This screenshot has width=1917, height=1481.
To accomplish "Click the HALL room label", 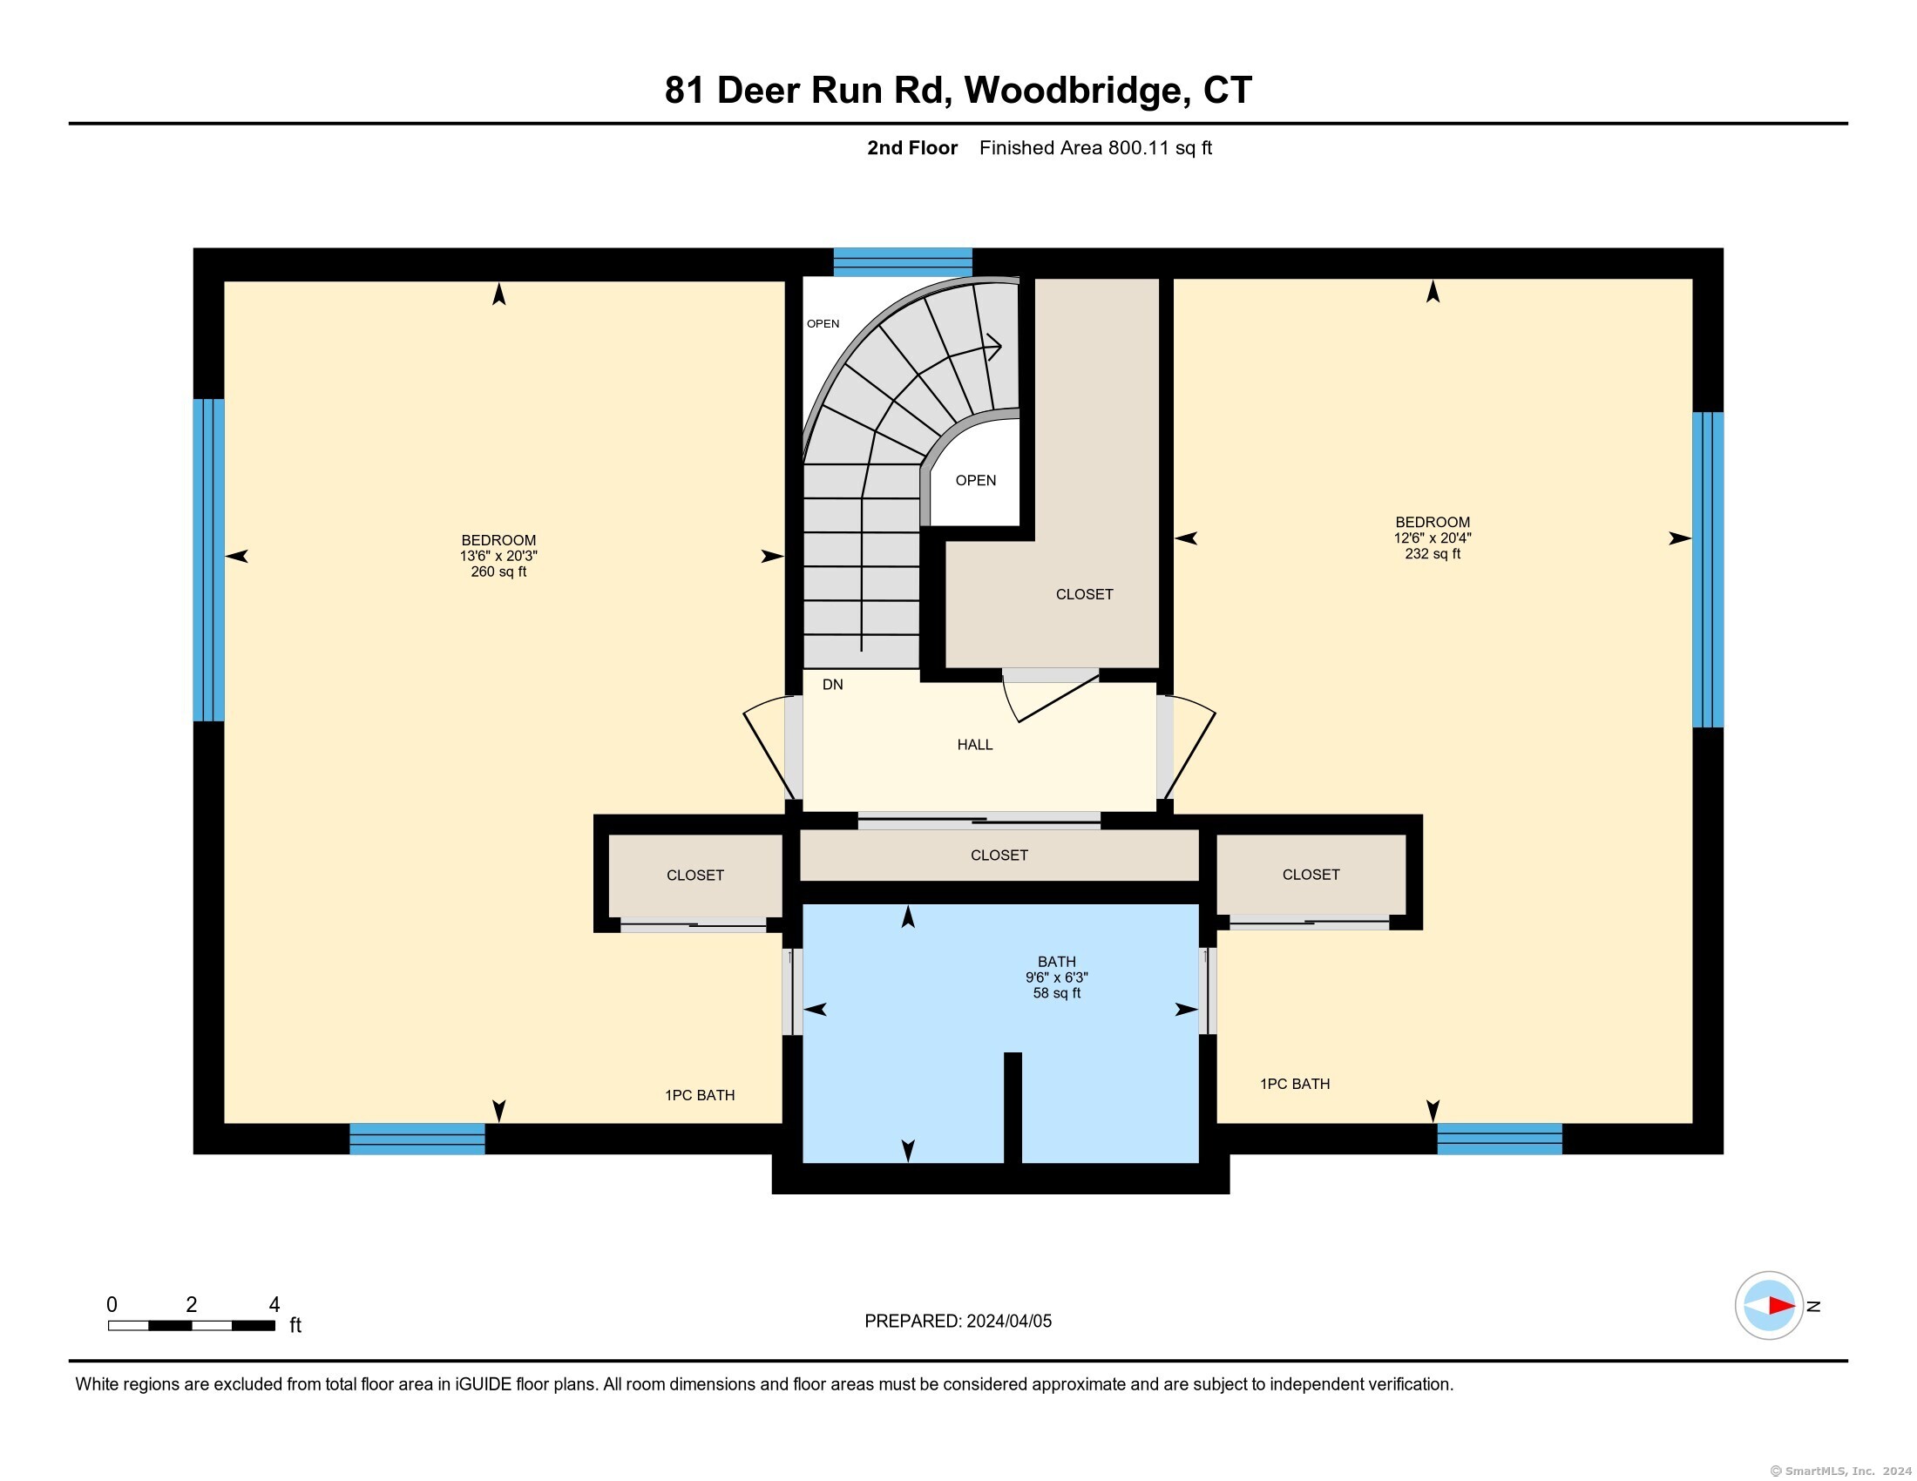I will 974,745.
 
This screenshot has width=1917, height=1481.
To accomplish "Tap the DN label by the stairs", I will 832,685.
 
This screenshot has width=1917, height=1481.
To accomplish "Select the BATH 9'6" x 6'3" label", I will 1056,977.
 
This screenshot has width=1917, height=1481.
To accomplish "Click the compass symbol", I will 1769,1306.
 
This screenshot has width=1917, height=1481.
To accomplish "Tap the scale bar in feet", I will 192,1325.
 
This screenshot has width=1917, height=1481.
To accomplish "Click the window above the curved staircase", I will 903,261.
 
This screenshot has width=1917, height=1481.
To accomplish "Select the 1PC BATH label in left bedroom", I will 700,1095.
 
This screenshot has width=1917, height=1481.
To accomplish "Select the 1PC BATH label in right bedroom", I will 1295,1085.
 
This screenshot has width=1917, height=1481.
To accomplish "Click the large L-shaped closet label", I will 1084,594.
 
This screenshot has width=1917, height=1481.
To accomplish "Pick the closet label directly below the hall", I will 999,855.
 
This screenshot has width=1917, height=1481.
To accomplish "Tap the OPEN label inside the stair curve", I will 975,480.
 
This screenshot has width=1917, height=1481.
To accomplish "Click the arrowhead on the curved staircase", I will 994,347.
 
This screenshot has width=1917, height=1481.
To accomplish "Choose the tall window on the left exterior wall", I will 209,560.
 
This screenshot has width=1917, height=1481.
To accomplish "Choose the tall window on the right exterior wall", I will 1707,570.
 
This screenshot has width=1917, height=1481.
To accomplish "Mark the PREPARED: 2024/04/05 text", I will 958,1322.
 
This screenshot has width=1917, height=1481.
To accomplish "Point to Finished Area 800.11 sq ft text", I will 1094,148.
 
